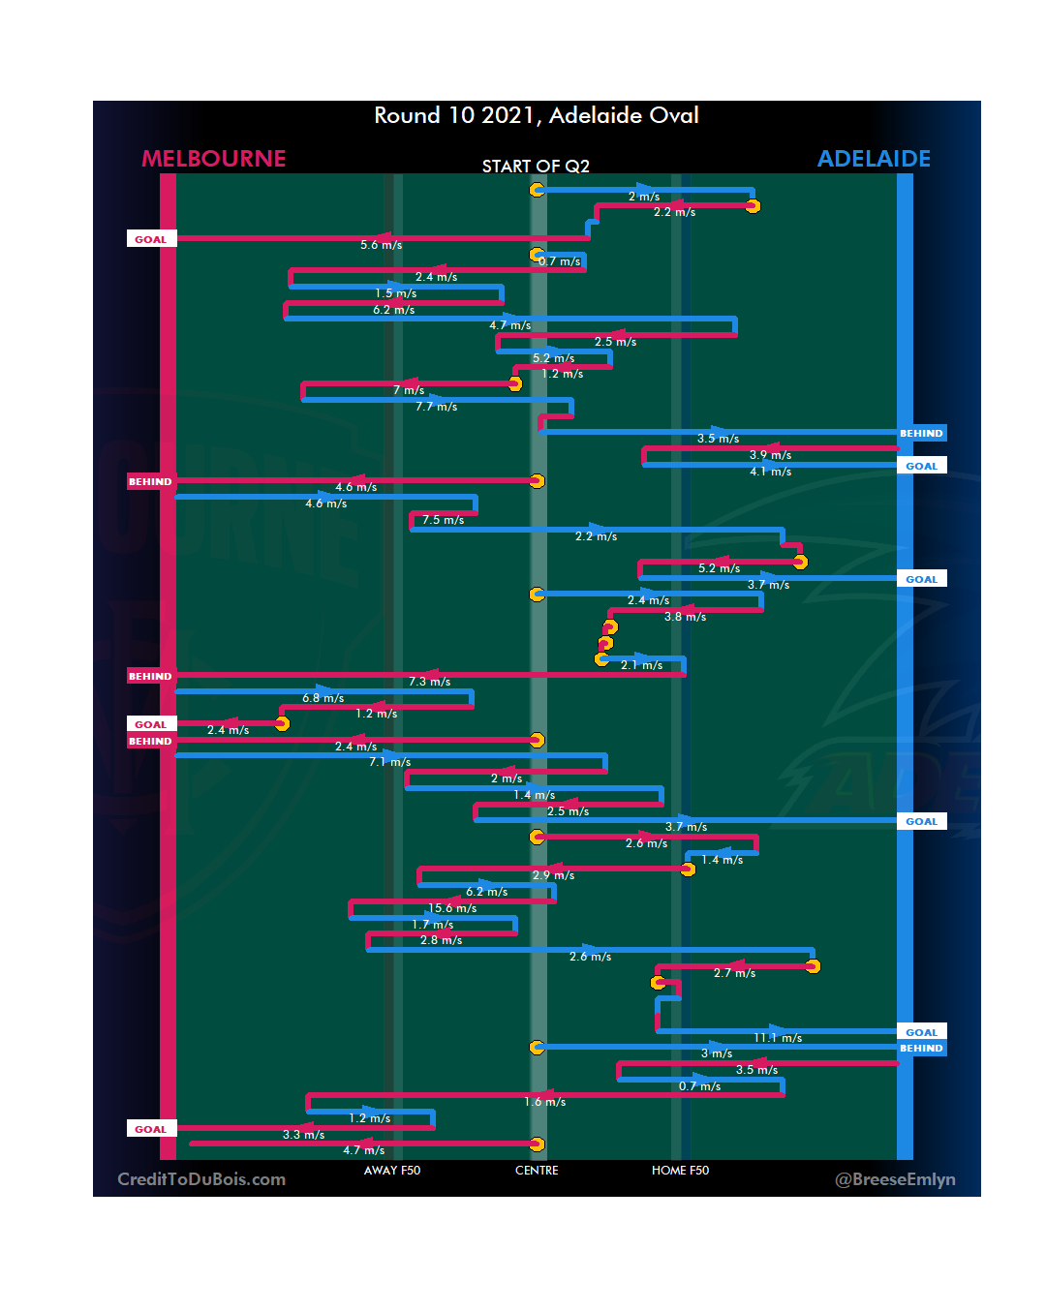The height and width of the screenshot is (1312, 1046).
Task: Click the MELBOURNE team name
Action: pyautogui.click(x=214, y=159)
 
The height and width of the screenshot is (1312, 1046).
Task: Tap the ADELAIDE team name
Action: pyautogui.click(x=874, y=159)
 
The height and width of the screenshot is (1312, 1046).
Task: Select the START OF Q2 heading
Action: pyautogui.click(x=536, y=167)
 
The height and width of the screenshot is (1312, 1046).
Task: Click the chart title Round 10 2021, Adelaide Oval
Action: pyautogui.click(x=537, y=115)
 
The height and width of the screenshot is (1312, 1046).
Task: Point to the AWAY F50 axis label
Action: pyautogui.click(x=392, y=1171)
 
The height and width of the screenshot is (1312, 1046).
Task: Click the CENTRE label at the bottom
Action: pyautogui.click(x=537, y=1171)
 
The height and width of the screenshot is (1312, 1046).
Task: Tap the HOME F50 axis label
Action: pyautogui.click(x=680, y=1171)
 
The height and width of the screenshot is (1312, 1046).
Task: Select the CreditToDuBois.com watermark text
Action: pyautogui.click(x=201, y=1179)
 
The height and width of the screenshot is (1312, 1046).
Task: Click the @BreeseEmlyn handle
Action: pyautogui.click(x=895, y=1179)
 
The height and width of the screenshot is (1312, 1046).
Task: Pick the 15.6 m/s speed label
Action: pyautogui.click(x=452, y=908)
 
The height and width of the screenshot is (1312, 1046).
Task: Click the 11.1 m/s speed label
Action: pyautogui.click(x=778, y=1038)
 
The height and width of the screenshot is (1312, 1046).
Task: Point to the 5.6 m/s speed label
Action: pyautogui.click(x=381, y=245)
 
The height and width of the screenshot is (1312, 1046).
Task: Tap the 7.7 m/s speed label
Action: pyautogui.click(x=436, y=407)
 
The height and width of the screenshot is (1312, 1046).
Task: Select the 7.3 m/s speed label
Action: pyautogui.click(x=429, y=682)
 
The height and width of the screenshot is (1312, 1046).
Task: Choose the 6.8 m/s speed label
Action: pyautogui.click(x=323, y=698)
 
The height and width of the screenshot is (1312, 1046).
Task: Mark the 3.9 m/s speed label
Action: pyautogui.click(x=770, y=455)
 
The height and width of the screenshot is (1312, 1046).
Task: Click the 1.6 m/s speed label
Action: pyautogui.click(x=544, y=1102)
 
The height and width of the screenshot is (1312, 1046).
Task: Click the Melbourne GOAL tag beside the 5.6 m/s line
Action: pyautogui.click(x=151, y=239)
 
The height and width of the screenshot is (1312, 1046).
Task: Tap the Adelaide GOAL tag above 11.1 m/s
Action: pyautogui.click(x=921, y=1032)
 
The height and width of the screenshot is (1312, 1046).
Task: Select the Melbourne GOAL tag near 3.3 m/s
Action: pyautogui.click(x=151, y=1129)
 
